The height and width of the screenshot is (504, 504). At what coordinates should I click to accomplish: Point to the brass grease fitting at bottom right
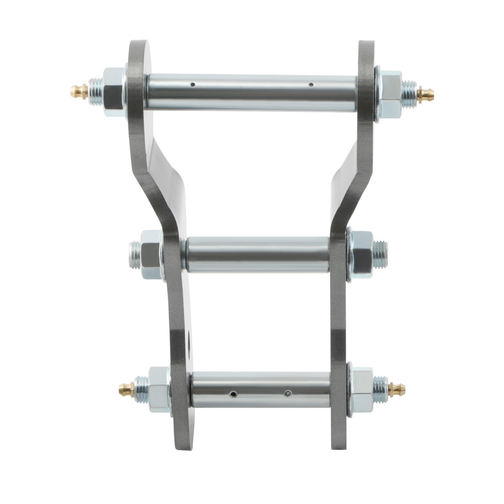tap(397, 389)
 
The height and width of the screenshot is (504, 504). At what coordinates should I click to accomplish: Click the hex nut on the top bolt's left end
tap(114, 92)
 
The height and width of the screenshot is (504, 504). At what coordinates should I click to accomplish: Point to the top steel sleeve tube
tap(252, 92)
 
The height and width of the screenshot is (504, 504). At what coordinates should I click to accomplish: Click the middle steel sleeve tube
tap(257, 255)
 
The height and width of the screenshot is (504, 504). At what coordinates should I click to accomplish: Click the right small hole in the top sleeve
tap(311, 84)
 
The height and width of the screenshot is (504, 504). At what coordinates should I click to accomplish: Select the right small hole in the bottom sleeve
tap(287, 394)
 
